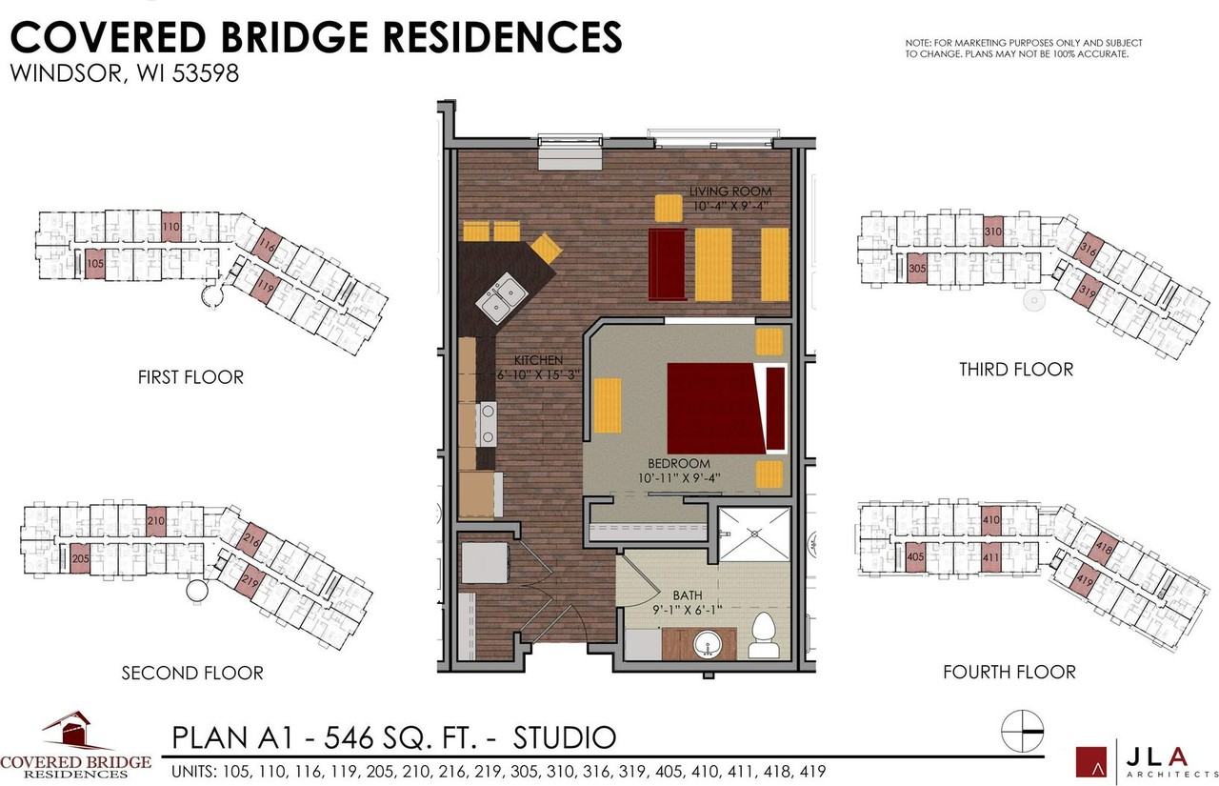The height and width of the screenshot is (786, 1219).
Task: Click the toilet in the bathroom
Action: coord(764,637)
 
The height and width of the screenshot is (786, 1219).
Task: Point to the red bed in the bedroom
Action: coord(715,407)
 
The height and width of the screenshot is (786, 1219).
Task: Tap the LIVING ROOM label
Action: coord(730,191)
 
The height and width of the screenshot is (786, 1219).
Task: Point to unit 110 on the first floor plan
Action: coord(170,227)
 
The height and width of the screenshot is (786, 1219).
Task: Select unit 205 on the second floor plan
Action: coord(80,559)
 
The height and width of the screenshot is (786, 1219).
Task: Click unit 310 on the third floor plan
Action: coord(992,232)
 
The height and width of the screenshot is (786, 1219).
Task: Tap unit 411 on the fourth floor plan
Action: coord(991,557)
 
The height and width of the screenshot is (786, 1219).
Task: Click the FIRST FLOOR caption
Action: coord(190,377)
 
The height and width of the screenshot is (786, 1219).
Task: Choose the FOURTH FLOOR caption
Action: coord(1009,673)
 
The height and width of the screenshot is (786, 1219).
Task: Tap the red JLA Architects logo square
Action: coord(1091,761)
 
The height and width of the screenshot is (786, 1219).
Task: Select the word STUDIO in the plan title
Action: coord(565,737)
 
